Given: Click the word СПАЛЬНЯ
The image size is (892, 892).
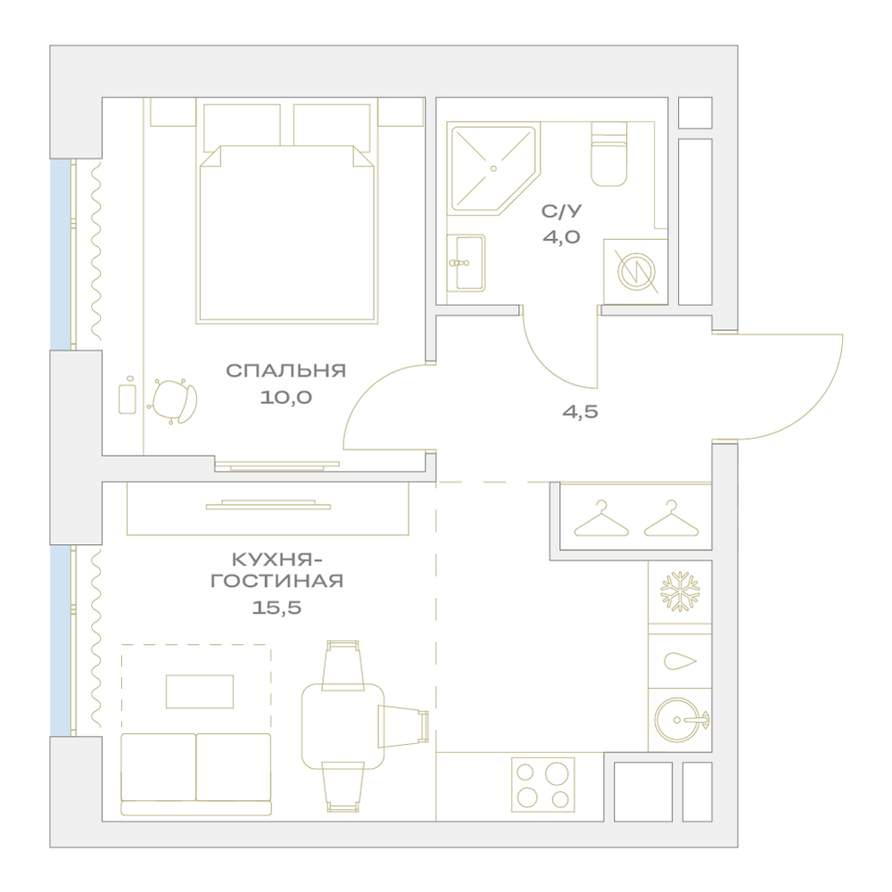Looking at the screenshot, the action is coord(285,371).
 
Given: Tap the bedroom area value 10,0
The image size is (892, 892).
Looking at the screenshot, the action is coord(285,397).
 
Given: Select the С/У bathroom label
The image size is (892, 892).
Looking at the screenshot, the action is coord(561,211).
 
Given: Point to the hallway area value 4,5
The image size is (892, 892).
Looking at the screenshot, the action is coord(581,411).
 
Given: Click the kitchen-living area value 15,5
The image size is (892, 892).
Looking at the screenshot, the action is coord(277,607).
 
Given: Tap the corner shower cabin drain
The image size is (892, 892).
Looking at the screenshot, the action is coord(493,169).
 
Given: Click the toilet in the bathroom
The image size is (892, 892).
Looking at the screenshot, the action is coord(608,154).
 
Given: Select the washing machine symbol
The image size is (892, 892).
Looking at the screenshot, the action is coord(636,271).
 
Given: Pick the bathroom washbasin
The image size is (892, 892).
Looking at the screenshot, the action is coord(466,263).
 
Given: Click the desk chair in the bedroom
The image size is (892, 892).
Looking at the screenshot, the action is coord(174,401).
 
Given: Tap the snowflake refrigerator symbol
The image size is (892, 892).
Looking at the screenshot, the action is coord(679,592).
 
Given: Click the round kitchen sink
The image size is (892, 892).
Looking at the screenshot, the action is coord(679,720).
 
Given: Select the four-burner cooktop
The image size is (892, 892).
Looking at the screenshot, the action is coord(543,784).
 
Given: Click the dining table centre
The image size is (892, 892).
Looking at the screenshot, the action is coord(343,726).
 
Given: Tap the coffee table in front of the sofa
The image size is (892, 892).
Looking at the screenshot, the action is coord(200,692).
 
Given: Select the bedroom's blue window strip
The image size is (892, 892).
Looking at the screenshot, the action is coord(60,254).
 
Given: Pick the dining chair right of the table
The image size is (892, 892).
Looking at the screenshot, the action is coord(403,725).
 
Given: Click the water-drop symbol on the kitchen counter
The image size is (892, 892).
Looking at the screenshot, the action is coord(680,661).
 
